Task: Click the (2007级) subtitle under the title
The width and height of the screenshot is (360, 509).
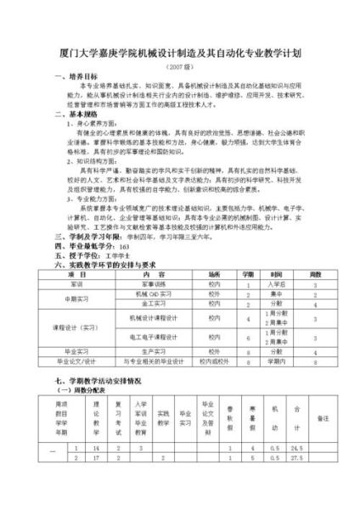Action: [x=180, y=67]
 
